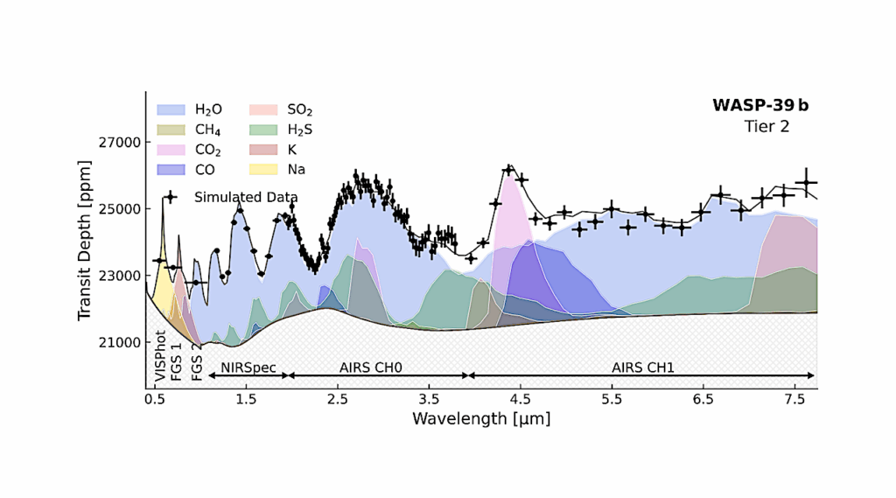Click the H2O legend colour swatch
point(171,109)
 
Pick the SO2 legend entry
point(300,109)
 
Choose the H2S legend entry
point(300,130)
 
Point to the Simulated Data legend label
point(246,197)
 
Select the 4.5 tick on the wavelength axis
point(521,398)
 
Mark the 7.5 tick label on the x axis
point(795,398)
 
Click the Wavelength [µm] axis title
point(481,418)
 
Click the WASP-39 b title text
point(760,106)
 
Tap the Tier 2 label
point(767,126)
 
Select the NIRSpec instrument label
point(248,367)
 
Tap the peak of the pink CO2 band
point(508,172)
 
